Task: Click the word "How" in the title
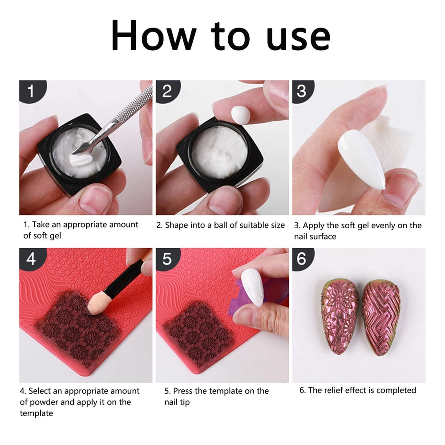pyautogui.click(x=154, y=35)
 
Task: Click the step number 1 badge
pyautogui.click(x=31, y=91)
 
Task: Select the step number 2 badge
pyautogui.click(x=167, y=91)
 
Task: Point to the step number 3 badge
pyautogui.click(x=302, y=91)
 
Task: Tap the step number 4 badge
pyautogui.click(x=31, y=259)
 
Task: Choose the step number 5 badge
pyautogui.click(x=167, y=259)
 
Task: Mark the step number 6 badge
pyautogui.click(x=302, y=259)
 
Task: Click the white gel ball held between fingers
pyautogui.click(x=240, y=115)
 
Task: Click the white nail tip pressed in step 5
pyautogui.click(x=253, y=287)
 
